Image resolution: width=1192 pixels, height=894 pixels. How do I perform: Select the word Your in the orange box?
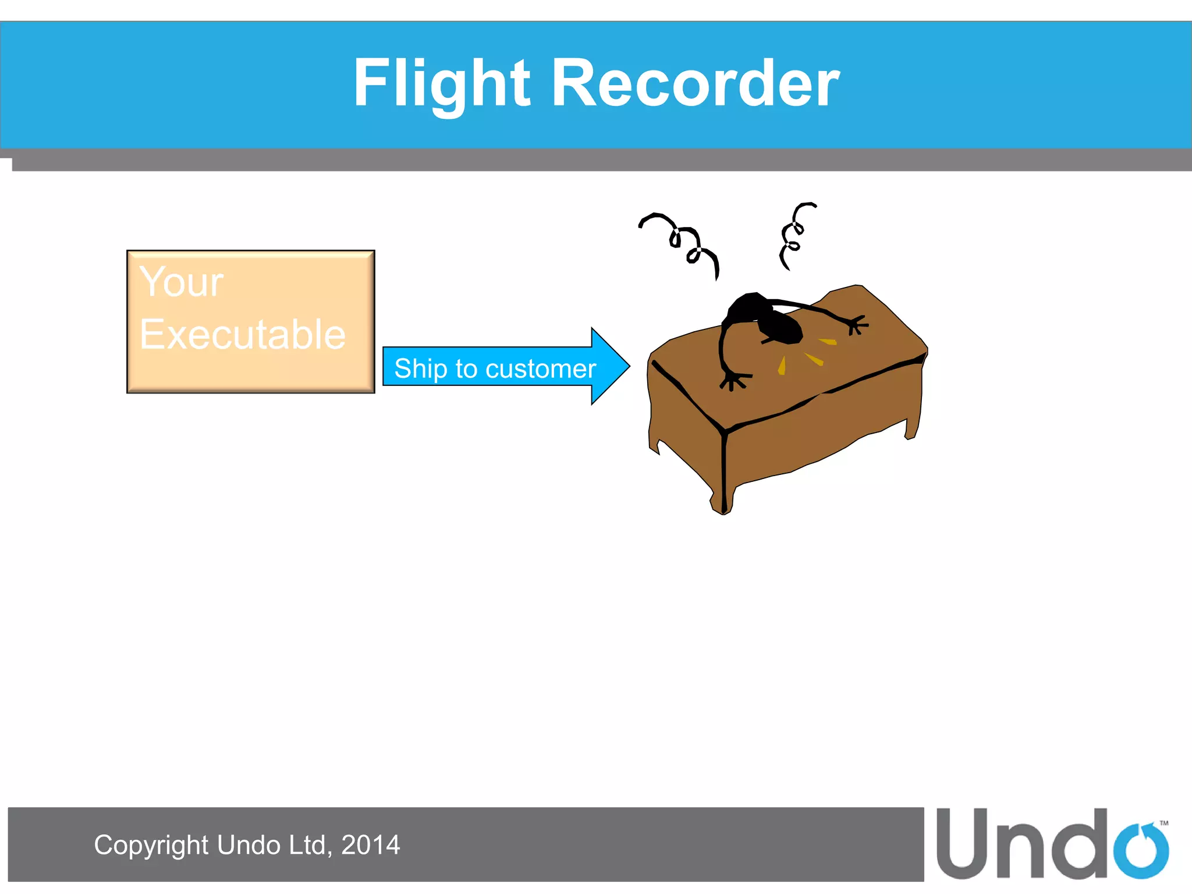point(181,282)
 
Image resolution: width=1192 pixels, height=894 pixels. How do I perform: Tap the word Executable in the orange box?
point(242,335)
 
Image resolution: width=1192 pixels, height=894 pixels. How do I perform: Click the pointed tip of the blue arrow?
point(627,366)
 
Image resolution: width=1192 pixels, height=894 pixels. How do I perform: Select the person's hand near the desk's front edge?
point(733,381)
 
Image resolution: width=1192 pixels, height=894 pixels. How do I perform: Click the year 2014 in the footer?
point(370,845)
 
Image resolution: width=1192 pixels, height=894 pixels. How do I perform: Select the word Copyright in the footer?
point(151,845)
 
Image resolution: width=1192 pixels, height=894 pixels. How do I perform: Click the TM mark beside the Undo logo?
point(1163,823)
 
